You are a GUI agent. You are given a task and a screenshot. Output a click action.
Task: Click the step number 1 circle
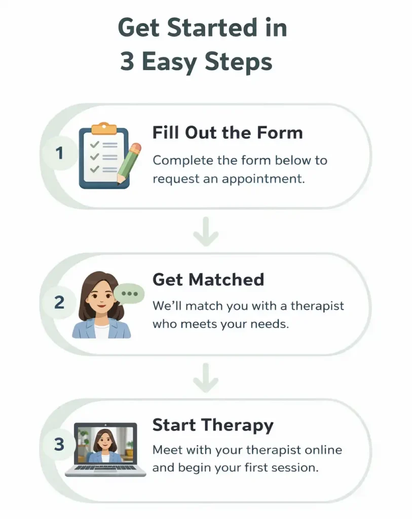click(x=59, y=152)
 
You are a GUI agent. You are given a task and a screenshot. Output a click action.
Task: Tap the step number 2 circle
click(x=59, y=303)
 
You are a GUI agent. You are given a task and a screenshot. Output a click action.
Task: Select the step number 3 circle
click(x=59, y=444)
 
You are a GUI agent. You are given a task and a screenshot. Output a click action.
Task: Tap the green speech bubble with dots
click(x=129, y=293)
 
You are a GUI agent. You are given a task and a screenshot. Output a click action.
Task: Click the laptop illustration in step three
click(x=105, y=449)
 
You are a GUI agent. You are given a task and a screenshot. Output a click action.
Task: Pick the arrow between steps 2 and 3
click(x=206, y=378)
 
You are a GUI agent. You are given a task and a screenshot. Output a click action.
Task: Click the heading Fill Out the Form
click(x=228, y=133)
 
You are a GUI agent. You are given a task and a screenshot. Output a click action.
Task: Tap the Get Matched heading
click(x=208, y=279)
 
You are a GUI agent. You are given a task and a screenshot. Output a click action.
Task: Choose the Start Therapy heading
click(x=213, y=425)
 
